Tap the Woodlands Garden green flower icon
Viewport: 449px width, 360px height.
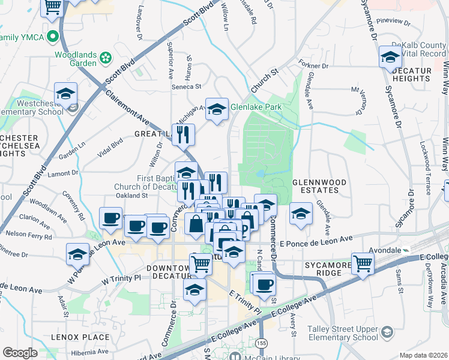[106, 58]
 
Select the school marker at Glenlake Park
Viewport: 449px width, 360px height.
[217, 108]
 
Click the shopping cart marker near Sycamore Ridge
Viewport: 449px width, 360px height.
[363, 263]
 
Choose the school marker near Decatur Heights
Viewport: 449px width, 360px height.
[390, 58]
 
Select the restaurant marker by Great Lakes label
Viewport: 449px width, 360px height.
[184, 134]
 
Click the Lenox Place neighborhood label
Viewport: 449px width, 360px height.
[80, 337]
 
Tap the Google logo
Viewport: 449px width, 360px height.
[20, 353]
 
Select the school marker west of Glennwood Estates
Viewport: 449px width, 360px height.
[300, 213]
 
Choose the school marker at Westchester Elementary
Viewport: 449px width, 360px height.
[66, 93]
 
